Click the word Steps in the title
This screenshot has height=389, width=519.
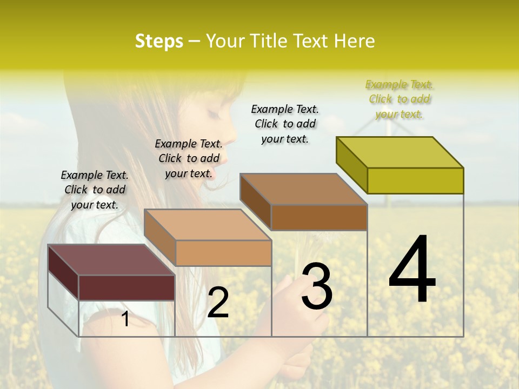tap(159, 41)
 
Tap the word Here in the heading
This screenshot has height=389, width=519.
tap(354, 41)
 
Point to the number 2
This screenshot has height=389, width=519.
tap(218, 303)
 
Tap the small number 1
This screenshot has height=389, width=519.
tap(125, 319)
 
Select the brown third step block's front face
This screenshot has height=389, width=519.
tap(319, 217)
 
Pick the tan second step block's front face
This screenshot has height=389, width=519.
tap(223, 253)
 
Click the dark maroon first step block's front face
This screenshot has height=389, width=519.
tap(127, 287)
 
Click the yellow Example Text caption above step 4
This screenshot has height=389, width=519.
tap(400, 99)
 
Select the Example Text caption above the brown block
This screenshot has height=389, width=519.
tap(285, 124)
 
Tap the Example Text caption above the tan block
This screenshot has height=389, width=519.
tap(189, 158)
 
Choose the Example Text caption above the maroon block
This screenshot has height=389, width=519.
tap(95, 190)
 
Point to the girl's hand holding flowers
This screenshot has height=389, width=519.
tap(292, 303)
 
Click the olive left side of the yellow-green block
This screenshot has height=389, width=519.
tap(351, 165)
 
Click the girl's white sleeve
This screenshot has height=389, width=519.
tap(86, 324)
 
